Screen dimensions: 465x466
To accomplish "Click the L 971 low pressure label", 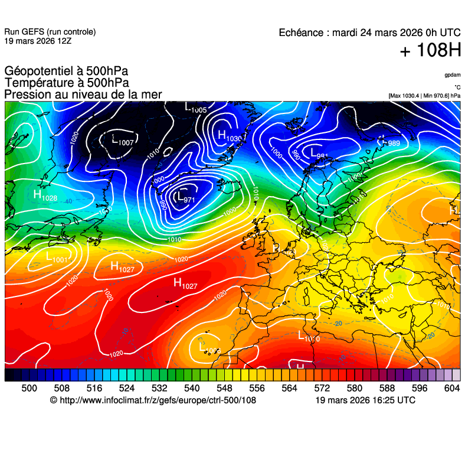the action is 185,197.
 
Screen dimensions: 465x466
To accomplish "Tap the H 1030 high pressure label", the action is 230,136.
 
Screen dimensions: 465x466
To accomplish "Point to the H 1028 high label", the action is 45,195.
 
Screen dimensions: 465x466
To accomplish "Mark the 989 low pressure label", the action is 391,142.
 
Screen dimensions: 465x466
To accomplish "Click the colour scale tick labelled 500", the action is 29,388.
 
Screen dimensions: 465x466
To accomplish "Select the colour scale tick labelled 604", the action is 452,388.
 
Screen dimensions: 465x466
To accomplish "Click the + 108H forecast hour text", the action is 430,51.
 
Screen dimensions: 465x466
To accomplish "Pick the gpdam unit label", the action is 453,75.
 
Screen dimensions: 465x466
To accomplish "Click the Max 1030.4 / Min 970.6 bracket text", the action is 424,96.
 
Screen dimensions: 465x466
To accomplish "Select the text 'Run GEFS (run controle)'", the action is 50,32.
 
